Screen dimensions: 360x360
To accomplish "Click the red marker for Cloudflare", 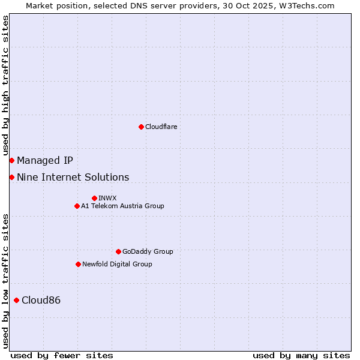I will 141,127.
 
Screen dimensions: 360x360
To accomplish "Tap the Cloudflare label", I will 161,127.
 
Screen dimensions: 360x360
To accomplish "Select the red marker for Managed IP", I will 11,160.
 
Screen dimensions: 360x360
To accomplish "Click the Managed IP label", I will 45,160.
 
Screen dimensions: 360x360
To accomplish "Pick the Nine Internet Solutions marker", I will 11,177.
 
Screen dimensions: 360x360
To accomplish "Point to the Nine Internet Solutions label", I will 73,177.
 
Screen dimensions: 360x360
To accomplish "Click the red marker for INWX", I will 94,198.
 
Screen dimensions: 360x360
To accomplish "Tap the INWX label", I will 107,198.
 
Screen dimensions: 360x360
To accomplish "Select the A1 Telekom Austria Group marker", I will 77,206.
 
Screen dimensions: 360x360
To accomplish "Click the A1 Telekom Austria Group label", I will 122,206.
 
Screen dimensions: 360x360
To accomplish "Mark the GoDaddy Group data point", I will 118,251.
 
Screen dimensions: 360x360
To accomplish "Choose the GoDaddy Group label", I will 148,251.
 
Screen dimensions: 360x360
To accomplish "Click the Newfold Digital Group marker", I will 78,264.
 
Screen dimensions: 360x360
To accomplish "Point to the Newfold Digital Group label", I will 117,264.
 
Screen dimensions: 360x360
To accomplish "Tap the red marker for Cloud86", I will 16,300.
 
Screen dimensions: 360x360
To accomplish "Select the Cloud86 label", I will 41,300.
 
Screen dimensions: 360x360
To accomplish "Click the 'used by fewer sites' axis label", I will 62,355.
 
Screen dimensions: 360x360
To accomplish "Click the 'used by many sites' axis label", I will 301,355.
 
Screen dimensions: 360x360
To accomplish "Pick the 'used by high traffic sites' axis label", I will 5,85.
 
